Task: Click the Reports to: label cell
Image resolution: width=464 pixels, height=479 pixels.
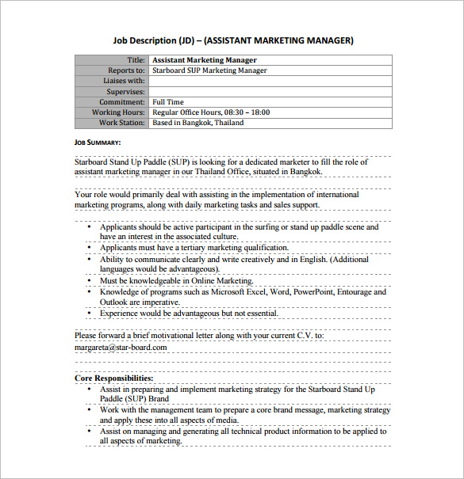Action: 126,70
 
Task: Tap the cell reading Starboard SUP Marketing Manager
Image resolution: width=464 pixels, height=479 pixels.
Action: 209,70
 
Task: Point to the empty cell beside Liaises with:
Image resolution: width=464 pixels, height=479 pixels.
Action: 270,81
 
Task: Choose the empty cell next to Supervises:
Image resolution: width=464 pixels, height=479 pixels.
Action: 270,91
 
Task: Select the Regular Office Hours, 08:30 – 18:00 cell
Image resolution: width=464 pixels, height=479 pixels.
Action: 211,112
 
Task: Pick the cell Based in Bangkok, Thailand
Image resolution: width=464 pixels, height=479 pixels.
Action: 198,123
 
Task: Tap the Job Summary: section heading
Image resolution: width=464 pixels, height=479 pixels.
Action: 98,143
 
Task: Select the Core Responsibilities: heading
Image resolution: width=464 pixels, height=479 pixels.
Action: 114,378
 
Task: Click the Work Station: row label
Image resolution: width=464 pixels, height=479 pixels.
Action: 122,123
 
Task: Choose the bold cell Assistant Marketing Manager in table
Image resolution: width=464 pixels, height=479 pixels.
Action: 205,60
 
